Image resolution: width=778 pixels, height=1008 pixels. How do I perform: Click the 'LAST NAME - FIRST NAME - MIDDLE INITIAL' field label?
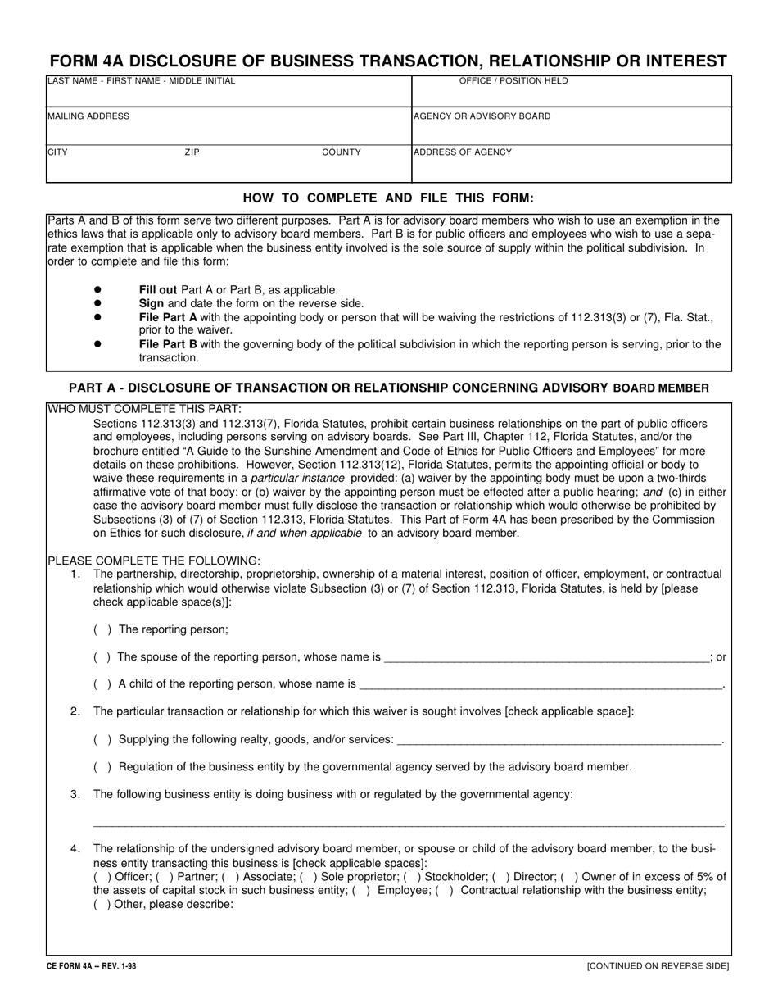(x=141, y=81)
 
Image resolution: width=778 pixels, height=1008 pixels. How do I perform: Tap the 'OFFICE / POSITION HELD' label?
(x=513, y=81)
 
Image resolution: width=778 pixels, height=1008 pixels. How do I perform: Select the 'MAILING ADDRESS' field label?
(x=88, y=116)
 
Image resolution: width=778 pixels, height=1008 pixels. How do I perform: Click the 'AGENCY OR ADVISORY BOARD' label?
(x=482, y=116)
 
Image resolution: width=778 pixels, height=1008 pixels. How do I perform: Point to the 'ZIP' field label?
(x=192, y=152)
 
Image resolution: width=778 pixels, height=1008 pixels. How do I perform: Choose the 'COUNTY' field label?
(x=342, y=152)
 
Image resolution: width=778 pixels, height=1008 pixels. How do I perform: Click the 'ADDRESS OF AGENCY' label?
(x=463, y=152)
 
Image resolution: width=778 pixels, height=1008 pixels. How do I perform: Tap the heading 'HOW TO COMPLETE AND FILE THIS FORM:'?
(x=388, y=198)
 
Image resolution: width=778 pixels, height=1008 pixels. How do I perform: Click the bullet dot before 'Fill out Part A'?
(x=97, y=289)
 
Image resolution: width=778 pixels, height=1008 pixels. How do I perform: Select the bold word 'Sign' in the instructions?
(x=152, y=303)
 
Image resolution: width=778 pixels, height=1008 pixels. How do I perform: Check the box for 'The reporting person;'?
(x=102, y=629)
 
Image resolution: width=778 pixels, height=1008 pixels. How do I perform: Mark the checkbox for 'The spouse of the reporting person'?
(x=102, y=657)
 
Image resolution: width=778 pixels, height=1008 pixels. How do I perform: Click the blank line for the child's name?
(x=541, y=685)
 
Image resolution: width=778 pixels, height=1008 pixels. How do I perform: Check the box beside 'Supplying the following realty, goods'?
(x=102, y=739)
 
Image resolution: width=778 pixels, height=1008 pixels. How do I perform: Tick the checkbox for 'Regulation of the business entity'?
(x=102, y=767)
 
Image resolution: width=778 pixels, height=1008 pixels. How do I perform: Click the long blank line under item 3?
(x=409, y=823)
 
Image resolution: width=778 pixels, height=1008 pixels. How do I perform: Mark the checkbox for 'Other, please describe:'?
(x=102, y=905)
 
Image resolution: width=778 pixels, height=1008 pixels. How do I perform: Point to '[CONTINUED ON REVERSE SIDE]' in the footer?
(x=658, y=966)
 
